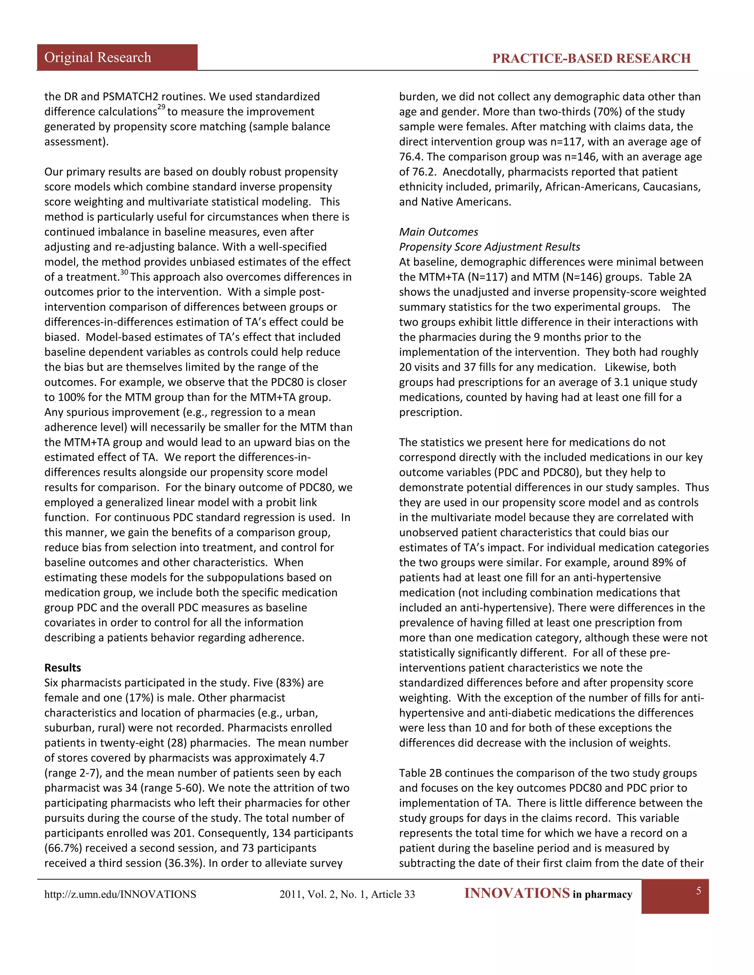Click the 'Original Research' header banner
(98, 58)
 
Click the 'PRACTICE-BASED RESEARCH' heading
(591, 58)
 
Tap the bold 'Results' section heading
(63, 667)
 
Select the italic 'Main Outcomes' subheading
(438, 232)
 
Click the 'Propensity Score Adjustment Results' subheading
(489, 247)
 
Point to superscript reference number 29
(161, 107)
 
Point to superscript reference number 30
(124, 272)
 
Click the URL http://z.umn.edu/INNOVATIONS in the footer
(120, 894)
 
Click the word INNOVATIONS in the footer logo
(517, 893)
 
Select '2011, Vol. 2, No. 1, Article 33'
(347, 894)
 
